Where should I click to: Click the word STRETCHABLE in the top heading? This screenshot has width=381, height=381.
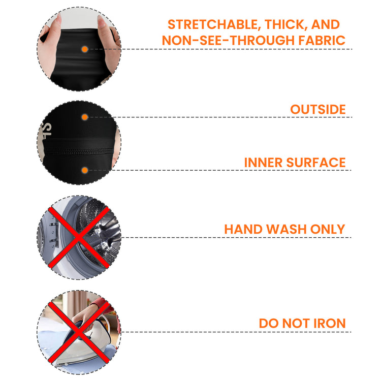point(213,24)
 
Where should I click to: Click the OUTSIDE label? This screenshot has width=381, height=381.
point(318,109)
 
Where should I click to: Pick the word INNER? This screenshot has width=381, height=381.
point(263,163)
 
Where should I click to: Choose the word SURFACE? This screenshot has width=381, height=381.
point(316,163)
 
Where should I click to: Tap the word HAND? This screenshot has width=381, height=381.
point(243,229)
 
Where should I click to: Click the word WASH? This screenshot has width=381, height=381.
point(286,229)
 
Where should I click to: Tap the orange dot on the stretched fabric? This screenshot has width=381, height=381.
point(84,49)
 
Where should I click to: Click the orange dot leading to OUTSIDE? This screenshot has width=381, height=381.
point(84,117)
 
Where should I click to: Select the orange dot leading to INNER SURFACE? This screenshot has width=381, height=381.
point(84,170)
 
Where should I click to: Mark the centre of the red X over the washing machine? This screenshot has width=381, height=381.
point(79,238)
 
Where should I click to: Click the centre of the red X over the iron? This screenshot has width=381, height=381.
point(79,332)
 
